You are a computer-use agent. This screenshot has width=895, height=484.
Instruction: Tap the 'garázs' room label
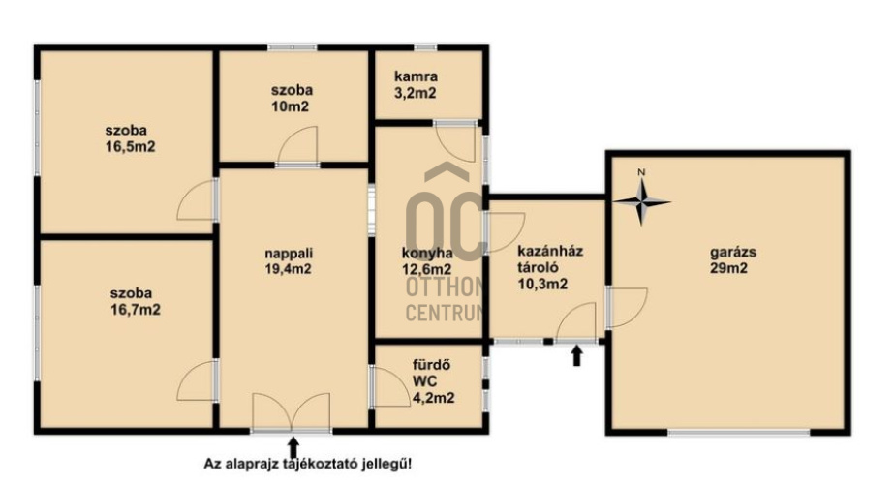(733, 252)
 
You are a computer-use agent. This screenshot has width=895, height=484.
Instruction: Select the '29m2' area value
(728, 268)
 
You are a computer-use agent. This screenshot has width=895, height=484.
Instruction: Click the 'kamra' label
(417, 76)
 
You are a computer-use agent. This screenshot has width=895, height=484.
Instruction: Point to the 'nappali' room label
(289, 253)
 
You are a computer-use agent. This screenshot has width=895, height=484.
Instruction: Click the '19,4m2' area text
(289, 269)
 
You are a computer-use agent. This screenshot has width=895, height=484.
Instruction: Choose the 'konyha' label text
(427, 254)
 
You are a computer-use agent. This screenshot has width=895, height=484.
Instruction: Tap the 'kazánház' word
(550, 251)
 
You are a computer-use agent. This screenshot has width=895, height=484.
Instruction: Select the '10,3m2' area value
(542, 284)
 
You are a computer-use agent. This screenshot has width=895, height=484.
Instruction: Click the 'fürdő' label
(432, 364)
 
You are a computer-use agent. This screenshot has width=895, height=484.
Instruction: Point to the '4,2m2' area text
(433, 397)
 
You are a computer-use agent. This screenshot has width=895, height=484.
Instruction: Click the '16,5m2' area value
(130, 147)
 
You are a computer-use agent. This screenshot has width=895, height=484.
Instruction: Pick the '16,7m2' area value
(136, 310)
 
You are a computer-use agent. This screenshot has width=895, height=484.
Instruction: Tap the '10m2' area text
(290, 106)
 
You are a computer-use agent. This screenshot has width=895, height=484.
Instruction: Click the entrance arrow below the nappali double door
(293, 448)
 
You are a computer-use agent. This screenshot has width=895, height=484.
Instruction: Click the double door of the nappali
(292, 411)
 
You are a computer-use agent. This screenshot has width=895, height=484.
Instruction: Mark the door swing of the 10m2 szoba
(297, 145)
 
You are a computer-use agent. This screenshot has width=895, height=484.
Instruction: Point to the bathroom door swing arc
(390, 386)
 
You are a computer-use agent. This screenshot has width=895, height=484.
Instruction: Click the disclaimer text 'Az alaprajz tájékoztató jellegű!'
(308, 464)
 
